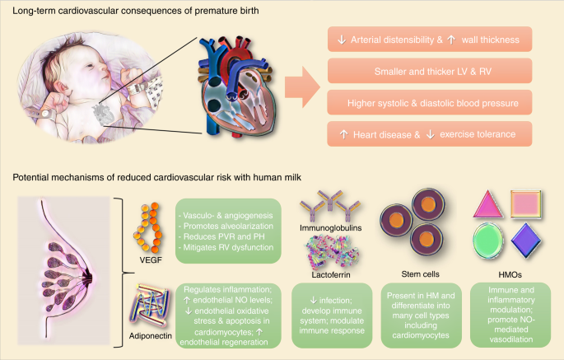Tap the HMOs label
[505, 269]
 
